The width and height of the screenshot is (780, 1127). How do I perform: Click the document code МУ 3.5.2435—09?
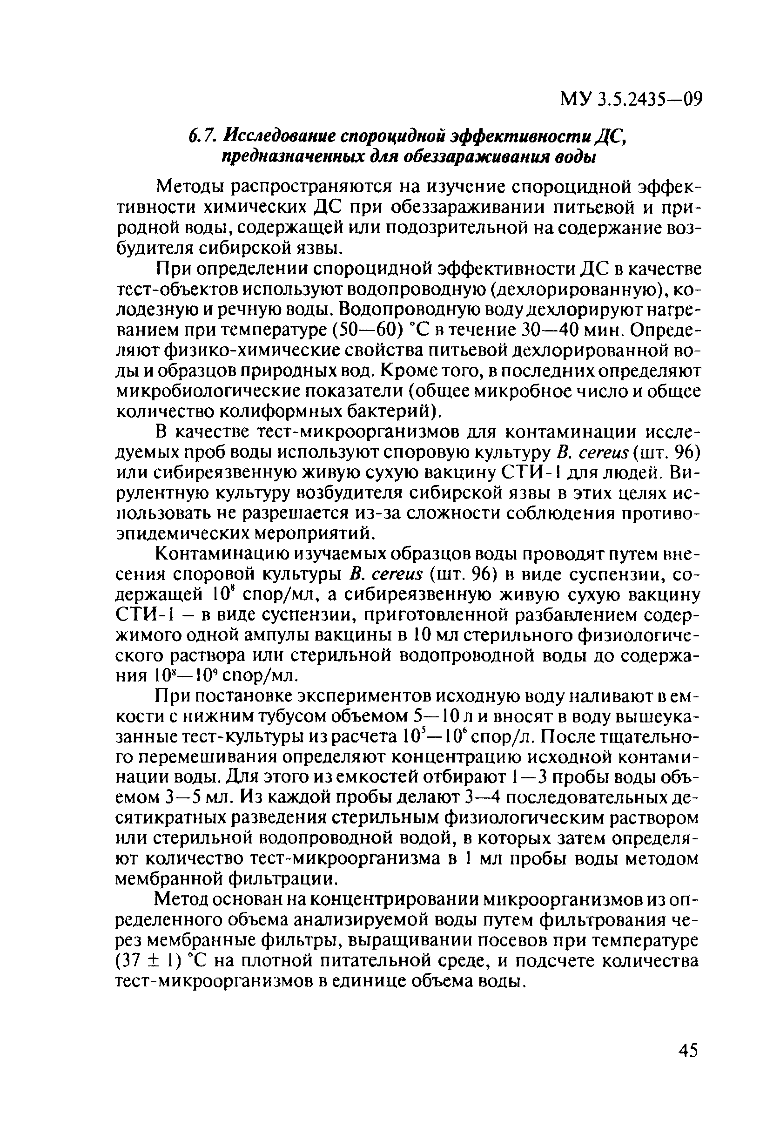coord(631,100)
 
